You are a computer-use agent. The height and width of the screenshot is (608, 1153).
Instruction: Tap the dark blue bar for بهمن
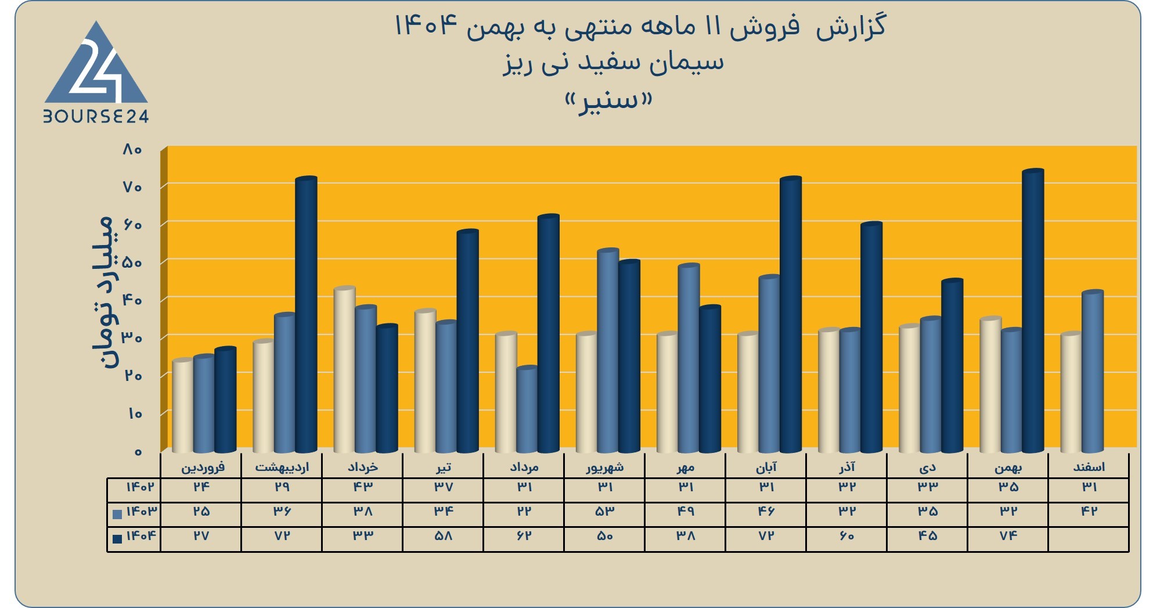(1033, 311)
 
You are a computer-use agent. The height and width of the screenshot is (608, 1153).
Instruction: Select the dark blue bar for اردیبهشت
(306, 314)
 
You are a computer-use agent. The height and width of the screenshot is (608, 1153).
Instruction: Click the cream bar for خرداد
(345, 369)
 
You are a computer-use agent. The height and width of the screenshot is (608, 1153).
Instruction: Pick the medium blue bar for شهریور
(608, 350)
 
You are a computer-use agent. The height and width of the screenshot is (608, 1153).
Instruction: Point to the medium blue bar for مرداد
(527, 409)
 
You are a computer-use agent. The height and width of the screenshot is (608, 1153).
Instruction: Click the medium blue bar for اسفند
(1093, 371)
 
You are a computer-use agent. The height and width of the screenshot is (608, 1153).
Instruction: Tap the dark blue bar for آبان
(791, 314)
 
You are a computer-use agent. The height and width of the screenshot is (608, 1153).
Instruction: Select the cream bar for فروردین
(183, 405)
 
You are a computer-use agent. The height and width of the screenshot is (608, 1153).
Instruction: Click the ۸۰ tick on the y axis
(132, 150)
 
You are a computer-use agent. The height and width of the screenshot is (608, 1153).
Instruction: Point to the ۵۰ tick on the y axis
(132, 262)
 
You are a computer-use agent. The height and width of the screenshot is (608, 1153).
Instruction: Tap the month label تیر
(443, 467)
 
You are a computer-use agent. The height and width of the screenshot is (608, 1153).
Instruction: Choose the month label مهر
(686, 467)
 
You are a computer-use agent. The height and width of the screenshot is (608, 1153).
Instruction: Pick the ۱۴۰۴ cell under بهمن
(1008, 535)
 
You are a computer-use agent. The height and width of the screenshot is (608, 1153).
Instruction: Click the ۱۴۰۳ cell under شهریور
(605, 511)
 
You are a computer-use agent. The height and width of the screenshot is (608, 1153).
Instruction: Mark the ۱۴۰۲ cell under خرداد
(363, 487)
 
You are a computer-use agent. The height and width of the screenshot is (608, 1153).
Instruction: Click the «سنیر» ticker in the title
(608, 101)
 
